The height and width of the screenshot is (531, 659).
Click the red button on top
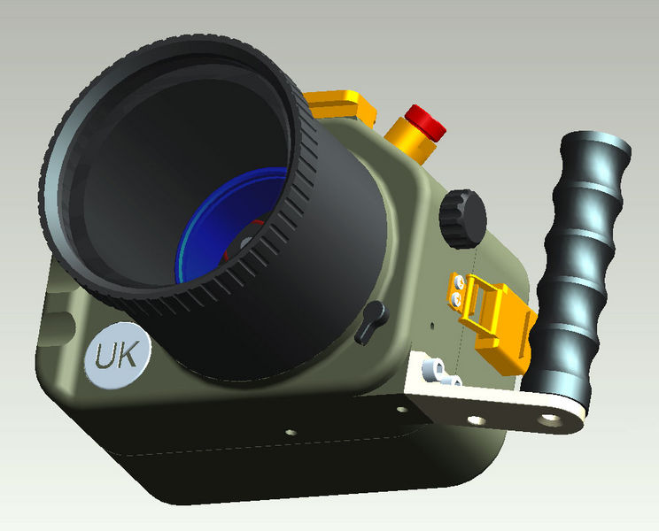(424, 121)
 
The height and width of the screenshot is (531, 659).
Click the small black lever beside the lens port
(371, 319)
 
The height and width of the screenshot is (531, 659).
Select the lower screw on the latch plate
(456, 301)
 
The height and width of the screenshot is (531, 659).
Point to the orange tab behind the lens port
(341, 104)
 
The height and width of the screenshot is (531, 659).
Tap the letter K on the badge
(128, 354)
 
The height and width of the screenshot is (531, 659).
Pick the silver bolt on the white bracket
(437, 373)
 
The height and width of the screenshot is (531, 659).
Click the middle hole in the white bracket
(476, 419)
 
